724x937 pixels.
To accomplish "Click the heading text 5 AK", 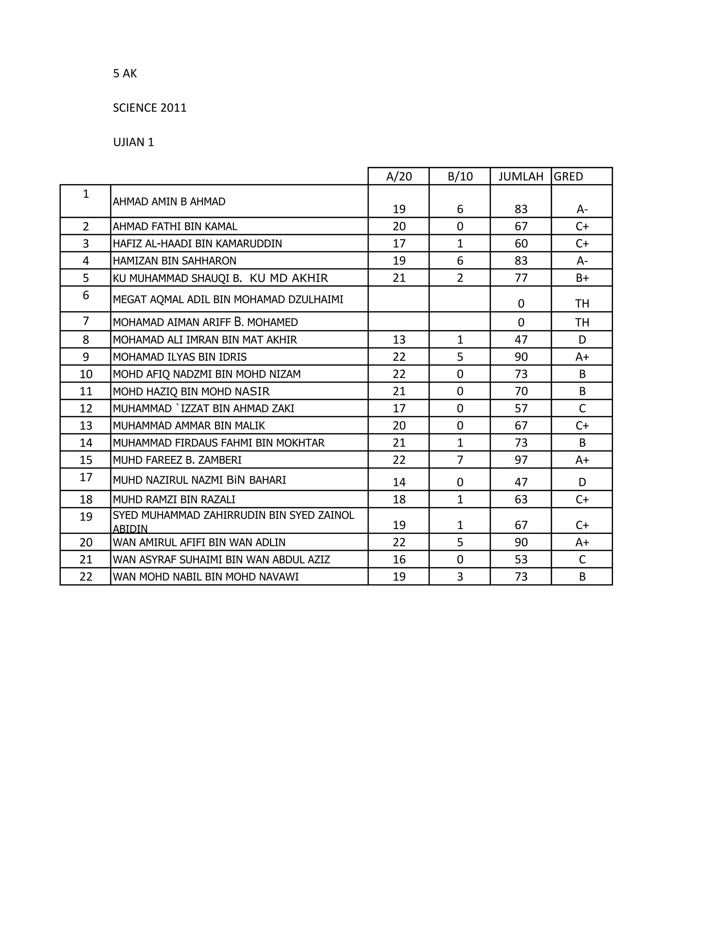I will [x=125, y=74].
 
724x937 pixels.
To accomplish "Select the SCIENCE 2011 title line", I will [x=150, y=108].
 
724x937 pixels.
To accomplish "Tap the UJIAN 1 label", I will [x=133, y=142].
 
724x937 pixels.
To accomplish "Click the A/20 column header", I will [x=399, y=177].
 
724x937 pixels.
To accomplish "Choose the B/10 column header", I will [x=460, y=177].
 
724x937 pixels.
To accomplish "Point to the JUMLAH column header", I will [x=521, y=177].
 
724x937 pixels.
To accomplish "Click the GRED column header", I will [x=568, y=177].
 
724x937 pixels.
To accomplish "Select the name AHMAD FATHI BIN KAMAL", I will [x=175, y=227].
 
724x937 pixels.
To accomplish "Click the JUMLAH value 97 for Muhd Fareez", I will [x=521, y=460].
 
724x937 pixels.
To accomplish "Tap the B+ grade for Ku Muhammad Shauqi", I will [x=582, y=278].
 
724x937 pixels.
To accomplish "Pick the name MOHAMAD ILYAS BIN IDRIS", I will [x=180, y=357].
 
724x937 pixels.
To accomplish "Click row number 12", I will [x=86, y=408].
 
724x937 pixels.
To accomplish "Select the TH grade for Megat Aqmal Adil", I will [x=582, y=304].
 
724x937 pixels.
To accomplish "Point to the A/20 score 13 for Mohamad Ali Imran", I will [x=399, y=340].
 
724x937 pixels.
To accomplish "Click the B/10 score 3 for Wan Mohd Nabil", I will [x=460, y=577].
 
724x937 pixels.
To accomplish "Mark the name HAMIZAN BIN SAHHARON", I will [x=175, y=261].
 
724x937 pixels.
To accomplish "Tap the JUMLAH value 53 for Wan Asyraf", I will [x=521, y=560].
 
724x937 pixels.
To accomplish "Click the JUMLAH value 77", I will [x=521, y=278].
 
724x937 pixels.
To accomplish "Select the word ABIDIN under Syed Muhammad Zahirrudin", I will [x=130, y=529].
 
